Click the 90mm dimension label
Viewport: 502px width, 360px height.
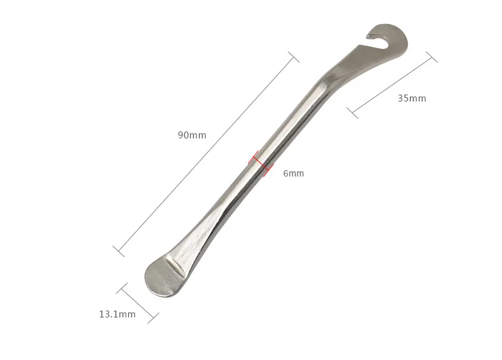(192, 135)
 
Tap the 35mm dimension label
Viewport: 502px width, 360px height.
(412, 98)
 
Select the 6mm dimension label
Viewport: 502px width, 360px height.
(294, 173)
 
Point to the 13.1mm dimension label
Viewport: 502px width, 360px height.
(117, 314)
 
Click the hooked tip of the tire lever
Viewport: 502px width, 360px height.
(371, 34)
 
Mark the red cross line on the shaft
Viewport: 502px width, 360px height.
(261, 164)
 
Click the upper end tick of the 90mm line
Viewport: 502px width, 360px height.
(294, 57)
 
